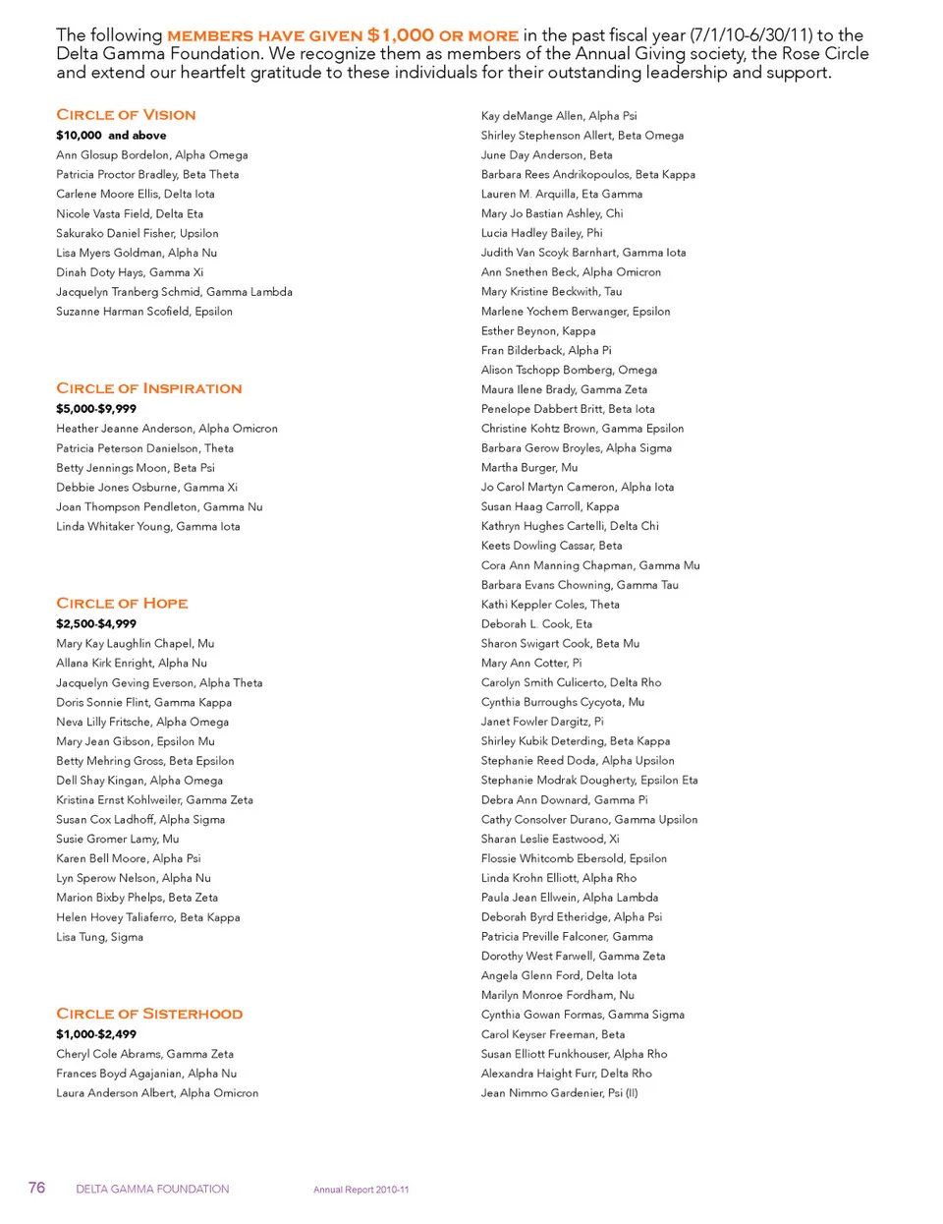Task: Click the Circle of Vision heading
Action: pos(126,115)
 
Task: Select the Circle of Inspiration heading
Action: pos(148,388)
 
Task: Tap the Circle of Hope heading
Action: pos(122,604)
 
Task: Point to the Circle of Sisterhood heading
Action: pos(149,1014)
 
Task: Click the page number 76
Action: pos(36,1188)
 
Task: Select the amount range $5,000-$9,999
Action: pos(96,409)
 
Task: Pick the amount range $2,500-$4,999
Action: pos(96,624)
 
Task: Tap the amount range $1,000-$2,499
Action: pos(96,1034)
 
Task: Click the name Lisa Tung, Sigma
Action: pos(99,937)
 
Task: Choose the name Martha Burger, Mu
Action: pos(529,468)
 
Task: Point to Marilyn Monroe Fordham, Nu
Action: pos(557,995)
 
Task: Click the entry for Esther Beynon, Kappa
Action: pos(538,331)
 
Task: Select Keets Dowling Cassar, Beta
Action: pos(551,546)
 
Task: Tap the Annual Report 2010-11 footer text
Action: pos(361,1190)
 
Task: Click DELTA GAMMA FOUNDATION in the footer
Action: pos(152,1190)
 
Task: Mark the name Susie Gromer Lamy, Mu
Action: pos(118,839)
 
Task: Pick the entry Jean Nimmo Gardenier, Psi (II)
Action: pos(559,1092)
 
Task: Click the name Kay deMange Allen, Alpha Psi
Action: pos(559,116)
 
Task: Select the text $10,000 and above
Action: pos(111,136)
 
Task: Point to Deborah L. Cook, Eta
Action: pos(536,624)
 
